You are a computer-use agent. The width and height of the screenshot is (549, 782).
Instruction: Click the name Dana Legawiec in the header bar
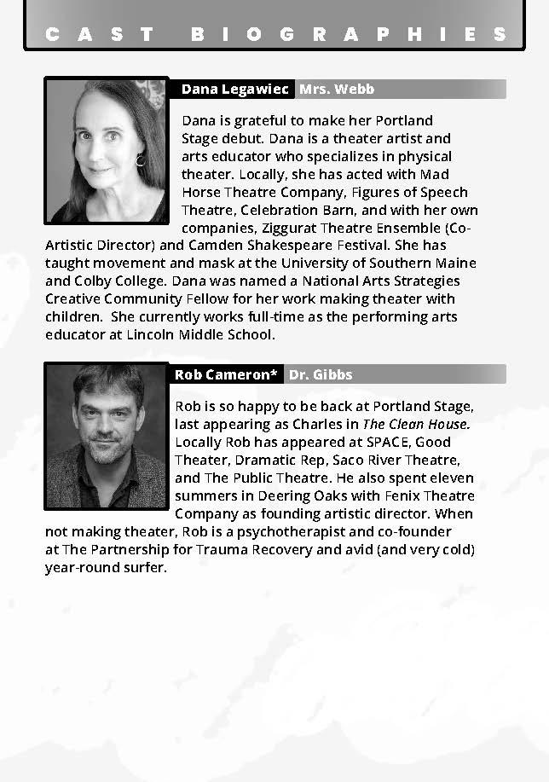[235, 90]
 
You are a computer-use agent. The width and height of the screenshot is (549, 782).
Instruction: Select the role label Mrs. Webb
[336, 90]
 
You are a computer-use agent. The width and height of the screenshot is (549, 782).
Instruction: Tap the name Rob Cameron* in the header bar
[226, 374]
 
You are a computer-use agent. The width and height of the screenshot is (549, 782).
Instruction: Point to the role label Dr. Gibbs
[321, 374]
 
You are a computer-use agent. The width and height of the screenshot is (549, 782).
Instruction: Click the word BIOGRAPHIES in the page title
[350, 35]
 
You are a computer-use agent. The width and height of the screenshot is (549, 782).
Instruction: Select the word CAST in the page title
[101, 35]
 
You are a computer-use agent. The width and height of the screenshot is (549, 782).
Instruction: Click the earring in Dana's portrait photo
[141, 159]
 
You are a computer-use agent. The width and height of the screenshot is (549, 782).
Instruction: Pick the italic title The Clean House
[417, 424]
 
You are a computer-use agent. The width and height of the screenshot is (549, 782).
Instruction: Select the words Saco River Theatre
[401, 460]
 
